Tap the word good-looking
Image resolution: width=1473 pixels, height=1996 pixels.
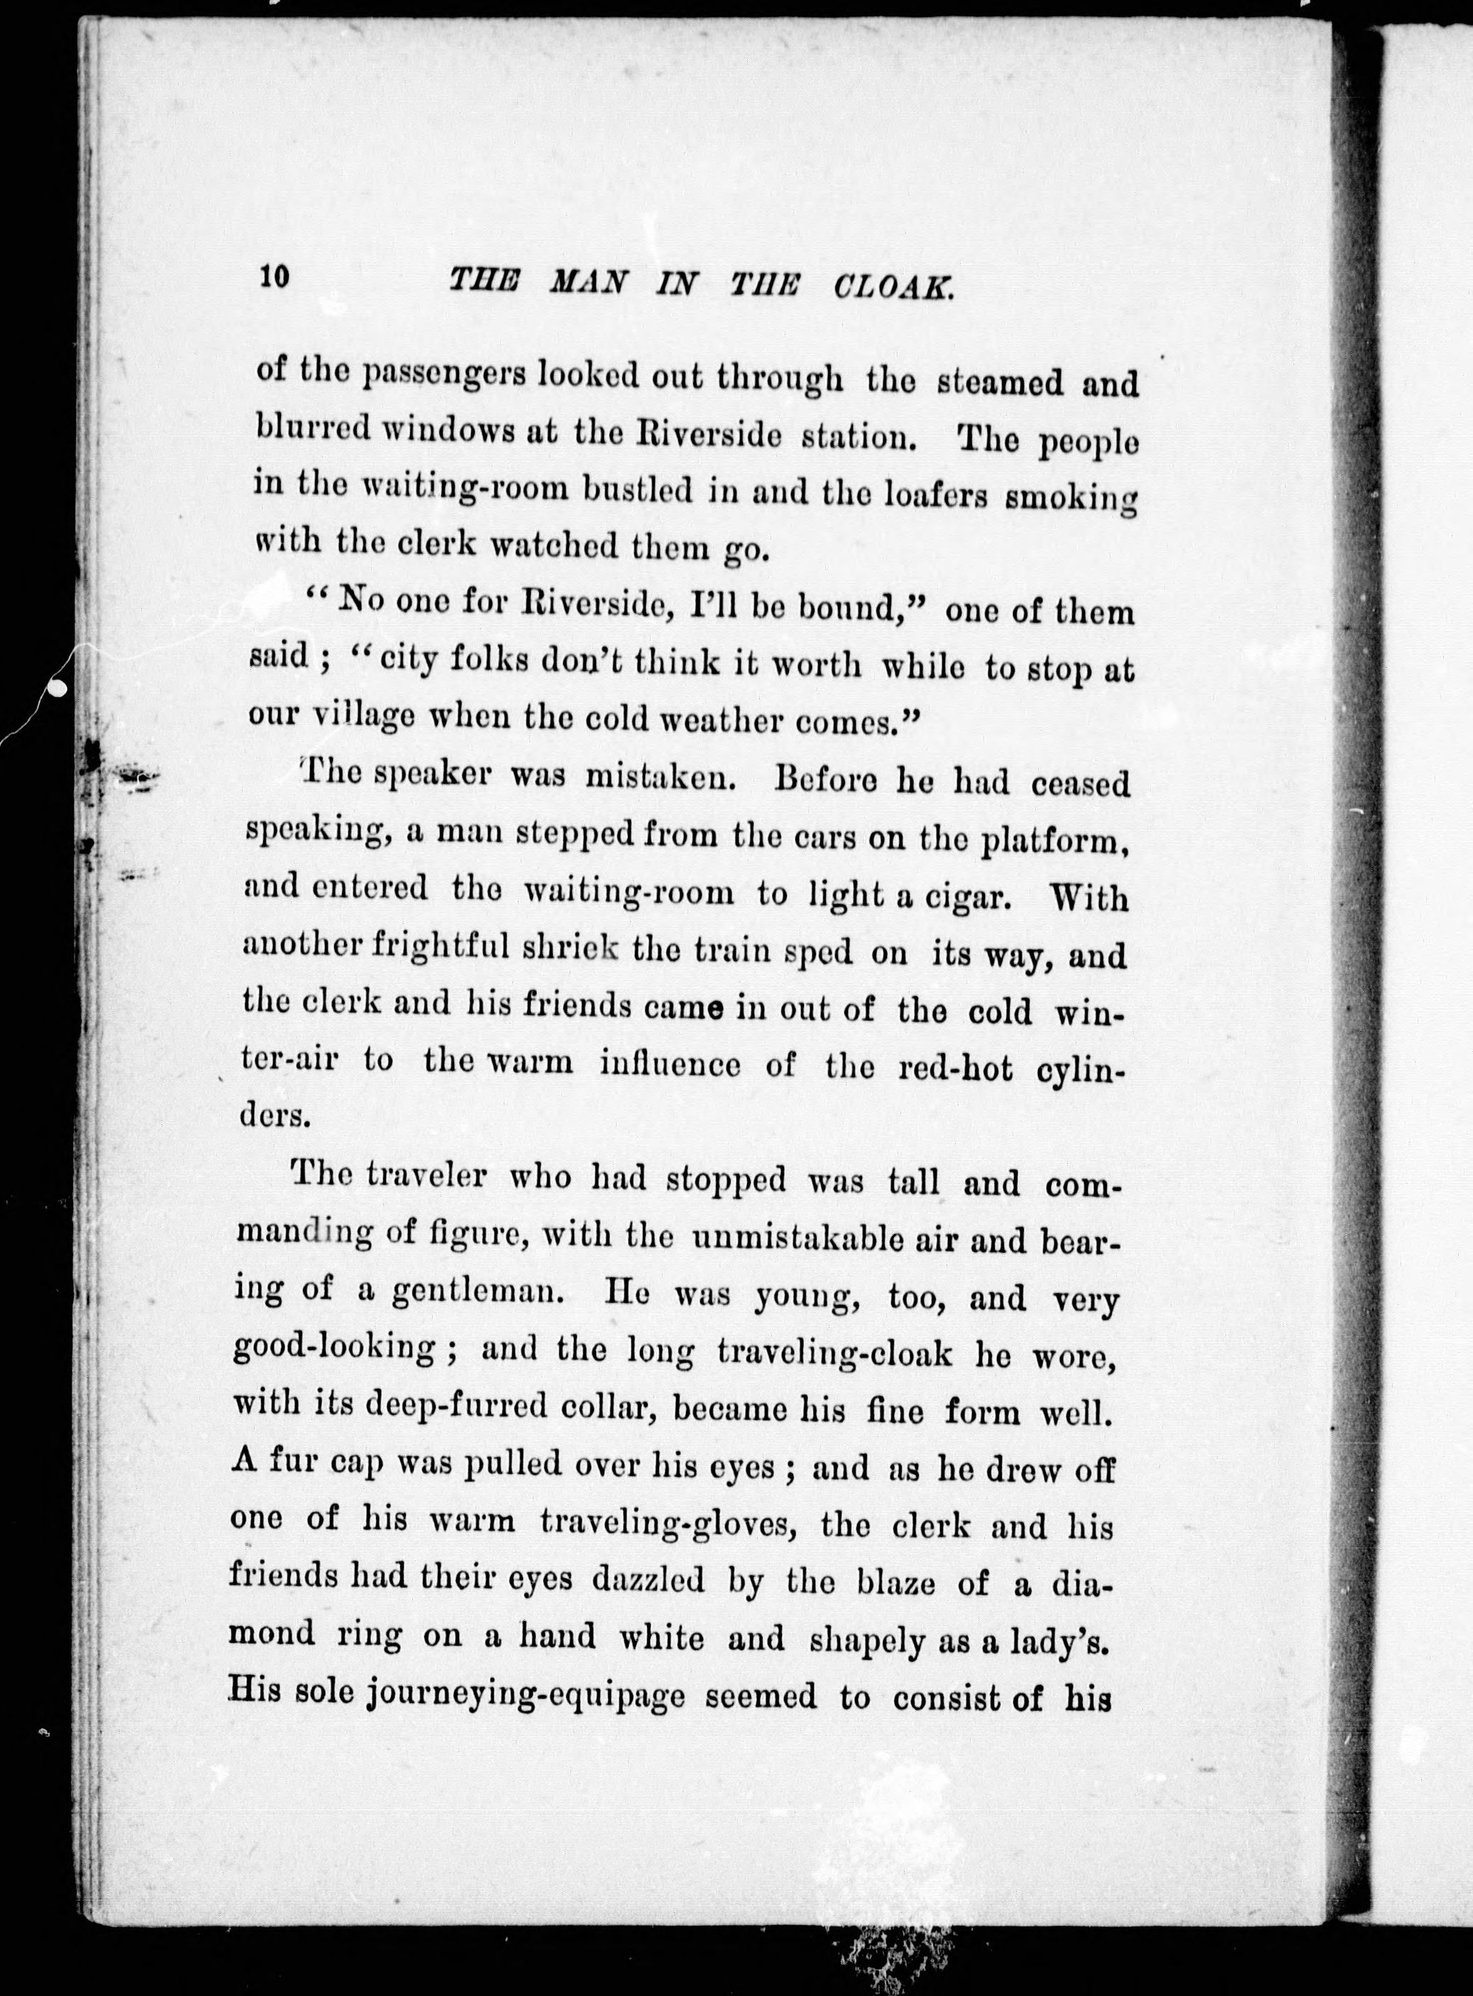[x=333, y=1351]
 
